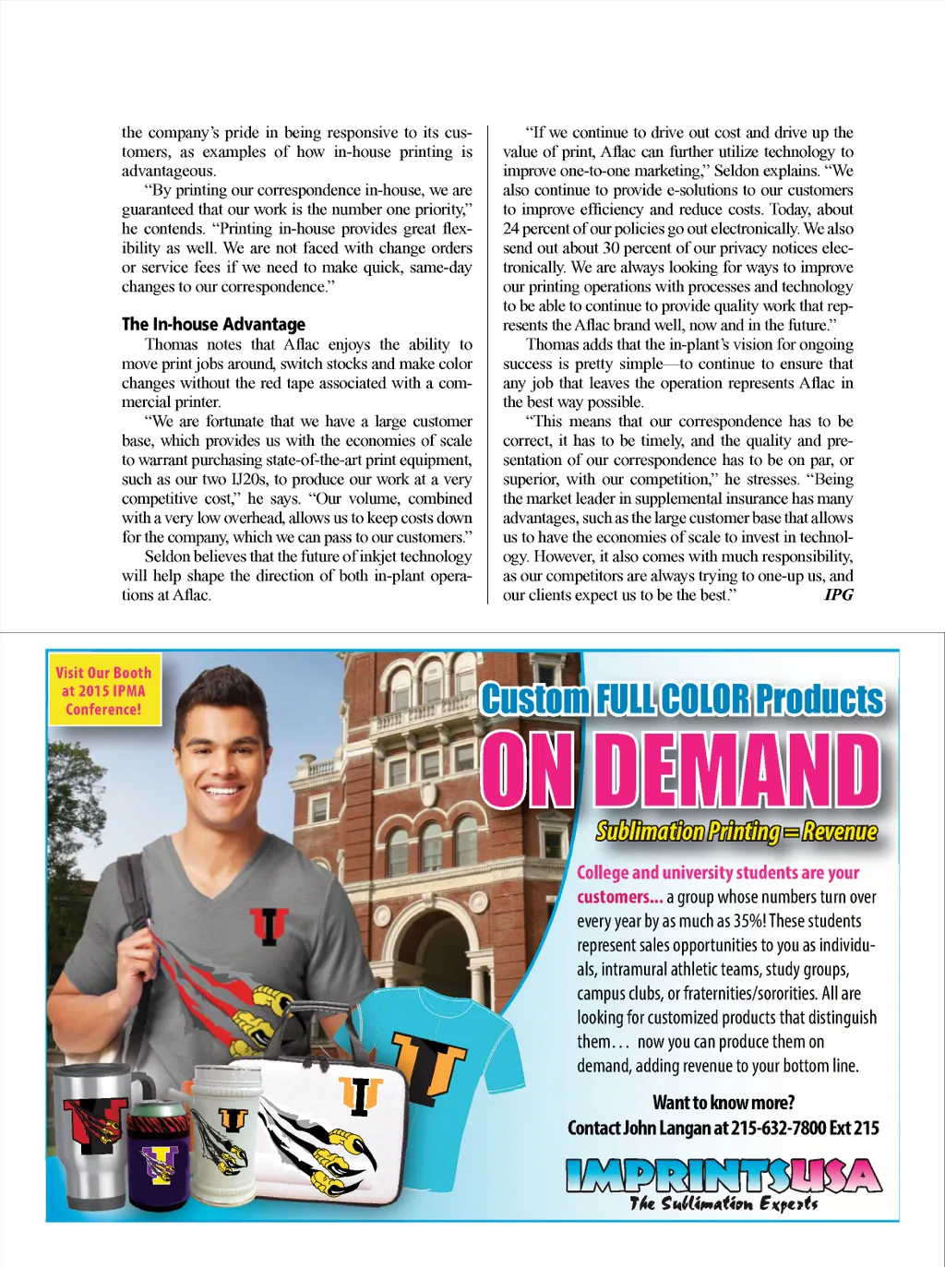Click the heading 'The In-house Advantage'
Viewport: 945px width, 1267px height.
pos(213,324)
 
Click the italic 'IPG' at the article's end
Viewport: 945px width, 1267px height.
pos(839,594)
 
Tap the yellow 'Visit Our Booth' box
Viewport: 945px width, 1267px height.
pos(103,691)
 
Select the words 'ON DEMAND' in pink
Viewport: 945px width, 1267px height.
pos(681,771)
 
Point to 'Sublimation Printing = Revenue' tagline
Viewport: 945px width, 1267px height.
pos(736,831)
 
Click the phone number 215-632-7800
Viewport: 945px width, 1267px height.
pos(779,1128)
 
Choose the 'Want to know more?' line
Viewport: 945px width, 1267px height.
pos(723,1102)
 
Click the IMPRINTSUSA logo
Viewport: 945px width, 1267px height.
pos(724,1176)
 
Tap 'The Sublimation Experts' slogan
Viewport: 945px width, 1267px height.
pos(724,1203)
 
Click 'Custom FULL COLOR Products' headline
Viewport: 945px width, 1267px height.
pos(681,699)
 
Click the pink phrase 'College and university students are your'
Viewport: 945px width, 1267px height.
pos(718,872)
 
